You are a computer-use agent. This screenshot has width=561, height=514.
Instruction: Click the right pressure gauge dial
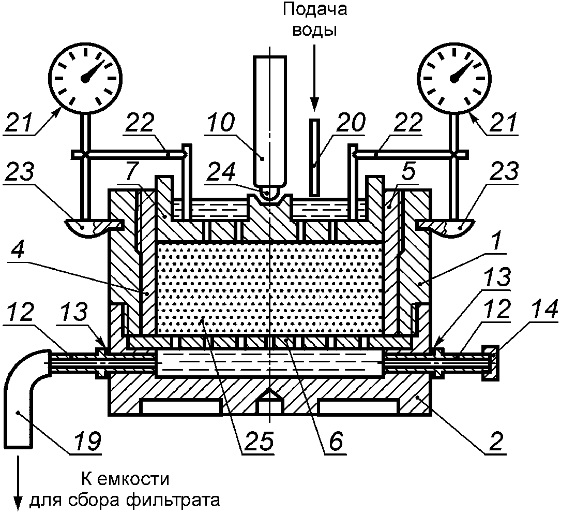click(x=454, y=78)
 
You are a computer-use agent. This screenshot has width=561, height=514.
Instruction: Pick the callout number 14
click(x=543, y=310)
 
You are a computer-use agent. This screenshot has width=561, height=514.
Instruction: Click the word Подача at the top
click(x=314, y=10)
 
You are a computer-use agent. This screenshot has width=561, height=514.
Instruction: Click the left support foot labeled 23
click(x=88, y=227)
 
